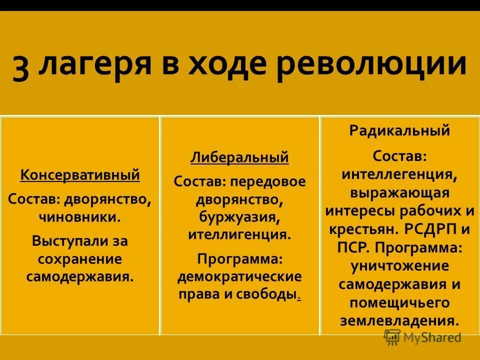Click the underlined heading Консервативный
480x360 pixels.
[80, 175]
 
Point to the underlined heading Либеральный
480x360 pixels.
[239, 157]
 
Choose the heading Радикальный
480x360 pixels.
[399, 131]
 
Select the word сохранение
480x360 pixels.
[80, 259]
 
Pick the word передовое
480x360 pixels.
[271, 181]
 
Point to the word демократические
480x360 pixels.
[239, 276]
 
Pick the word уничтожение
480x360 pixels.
[399, 265]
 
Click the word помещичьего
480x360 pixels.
[399, 302]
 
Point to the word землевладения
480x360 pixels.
[399, 320]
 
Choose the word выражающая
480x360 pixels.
[399, 193]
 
